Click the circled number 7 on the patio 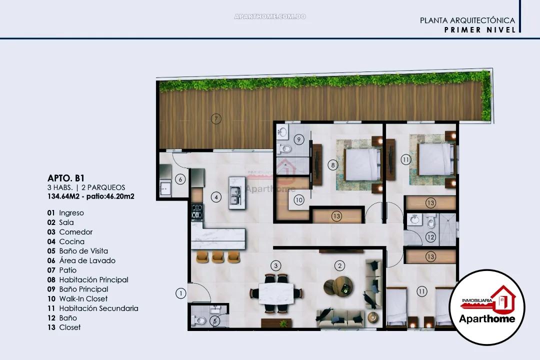[215, 119]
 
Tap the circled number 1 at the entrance [180, 293]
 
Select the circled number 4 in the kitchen [215, 197]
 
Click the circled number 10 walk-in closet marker [299, 200]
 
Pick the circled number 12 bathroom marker [430, 237]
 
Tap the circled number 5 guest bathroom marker [215, 321]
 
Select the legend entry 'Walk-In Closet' [83, 299]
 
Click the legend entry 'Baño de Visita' [83, 251]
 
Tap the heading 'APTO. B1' [62, 177]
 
